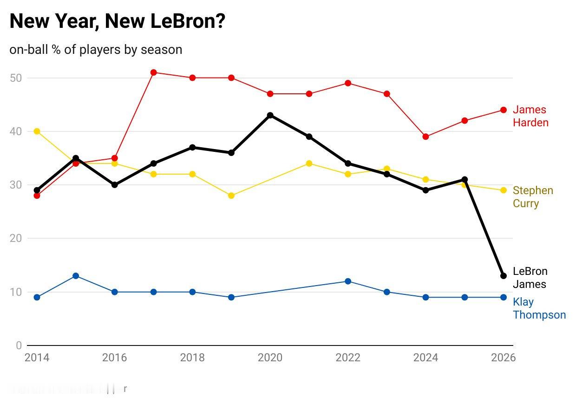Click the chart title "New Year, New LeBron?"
tap(118, 22)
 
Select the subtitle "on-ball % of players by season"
tap(96, 49)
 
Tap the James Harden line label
tap(530, 116)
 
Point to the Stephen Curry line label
tap(532, 197)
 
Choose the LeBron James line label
tap(530, 278)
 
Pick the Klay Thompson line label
tap(539, 308)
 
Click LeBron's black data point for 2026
tap(503, 276)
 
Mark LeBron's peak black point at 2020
tap(270, 115)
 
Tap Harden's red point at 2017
tap(153, 72)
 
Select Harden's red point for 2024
tap(425, 137)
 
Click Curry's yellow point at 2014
tap(37, 131)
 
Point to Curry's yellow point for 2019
tap(231, 195)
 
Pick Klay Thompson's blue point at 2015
tap(76, 276)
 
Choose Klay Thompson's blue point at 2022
tap(348, 281)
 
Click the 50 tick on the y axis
tap(16, 78)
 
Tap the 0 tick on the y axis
tap(19, 345)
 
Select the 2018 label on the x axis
tap(192, 358)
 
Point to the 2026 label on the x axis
tap(503, 358)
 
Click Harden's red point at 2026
tap(503, 110)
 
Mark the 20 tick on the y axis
tap(16, 238)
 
